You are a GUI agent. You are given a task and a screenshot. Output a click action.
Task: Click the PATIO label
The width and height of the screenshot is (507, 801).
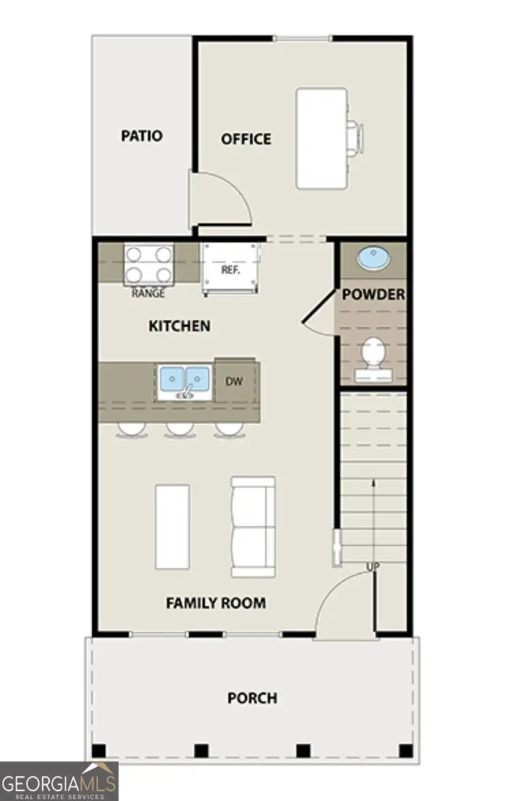[x=142, y=136]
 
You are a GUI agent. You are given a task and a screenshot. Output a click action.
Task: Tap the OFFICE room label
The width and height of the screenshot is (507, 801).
[x=246, y=139]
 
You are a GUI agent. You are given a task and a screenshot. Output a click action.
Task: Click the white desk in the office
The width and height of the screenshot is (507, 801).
[x=321, y=138]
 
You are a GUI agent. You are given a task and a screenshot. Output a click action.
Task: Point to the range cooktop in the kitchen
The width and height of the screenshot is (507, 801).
[x=148, y=264]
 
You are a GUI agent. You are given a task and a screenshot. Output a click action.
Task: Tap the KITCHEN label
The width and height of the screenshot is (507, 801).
[x=180, y=326]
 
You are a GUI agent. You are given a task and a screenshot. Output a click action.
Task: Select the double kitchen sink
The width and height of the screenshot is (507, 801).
[x=183, y=380]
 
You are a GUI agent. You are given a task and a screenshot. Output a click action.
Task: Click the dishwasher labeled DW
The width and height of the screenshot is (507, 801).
[x=234, y=381]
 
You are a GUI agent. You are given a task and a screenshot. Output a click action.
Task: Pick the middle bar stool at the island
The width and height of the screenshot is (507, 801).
[x=179, y=429]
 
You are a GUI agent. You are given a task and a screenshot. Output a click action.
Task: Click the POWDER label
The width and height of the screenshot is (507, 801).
[x=373, y=295]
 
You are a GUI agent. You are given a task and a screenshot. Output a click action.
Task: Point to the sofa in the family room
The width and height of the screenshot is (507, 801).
[x=253, y=526]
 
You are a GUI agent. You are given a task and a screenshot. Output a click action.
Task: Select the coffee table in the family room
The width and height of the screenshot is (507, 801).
[x=172, y=527]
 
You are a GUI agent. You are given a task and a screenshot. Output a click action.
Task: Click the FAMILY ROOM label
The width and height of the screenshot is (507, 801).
[x=216, y=603]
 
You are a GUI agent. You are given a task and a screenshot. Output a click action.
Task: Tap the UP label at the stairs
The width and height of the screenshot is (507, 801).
[x=373, y=567]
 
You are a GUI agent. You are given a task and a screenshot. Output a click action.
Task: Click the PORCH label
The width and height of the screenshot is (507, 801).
[x=252, y=698]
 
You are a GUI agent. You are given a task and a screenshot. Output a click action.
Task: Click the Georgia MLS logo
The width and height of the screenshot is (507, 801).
[x=59, y=781]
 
